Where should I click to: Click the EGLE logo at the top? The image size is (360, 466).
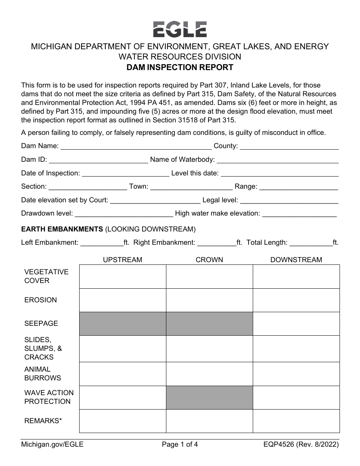click(180, 29)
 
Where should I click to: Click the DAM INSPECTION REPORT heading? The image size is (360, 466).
click(180, 67)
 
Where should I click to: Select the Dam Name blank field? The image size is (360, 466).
click(136, 146)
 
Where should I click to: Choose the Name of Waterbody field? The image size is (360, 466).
click(277, 160)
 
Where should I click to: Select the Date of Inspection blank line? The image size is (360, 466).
click(125, 174)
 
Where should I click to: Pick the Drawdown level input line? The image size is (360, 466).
click(124, 214)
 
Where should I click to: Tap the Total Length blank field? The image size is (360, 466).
click(311, 242)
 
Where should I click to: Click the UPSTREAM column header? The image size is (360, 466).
click(123, 260)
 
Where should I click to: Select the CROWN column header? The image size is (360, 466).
click(209, 260)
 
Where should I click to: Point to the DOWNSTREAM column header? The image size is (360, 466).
click(296, 260)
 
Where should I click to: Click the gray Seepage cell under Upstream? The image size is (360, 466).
click(123, 324)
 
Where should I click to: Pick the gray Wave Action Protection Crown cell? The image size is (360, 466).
click(209, 397)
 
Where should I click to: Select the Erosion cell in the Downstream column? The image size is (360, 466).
click(296, 300)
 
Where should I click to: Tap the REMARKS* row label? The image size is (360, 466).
click(43, 421)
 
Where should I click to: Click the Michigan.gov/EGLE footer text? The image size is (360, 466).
click(52, 445)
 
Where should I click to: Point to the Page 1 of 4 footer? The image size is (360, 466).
click(180, 445)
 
